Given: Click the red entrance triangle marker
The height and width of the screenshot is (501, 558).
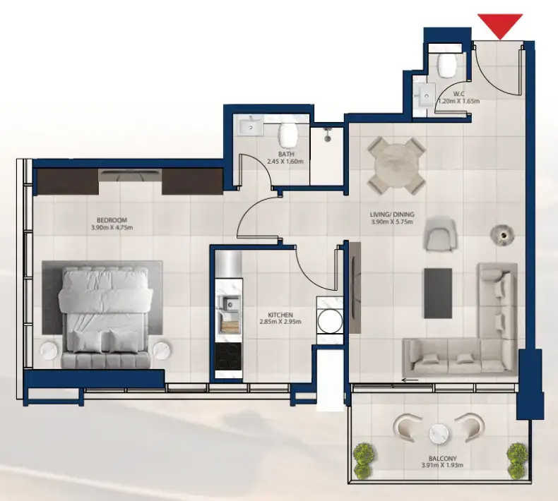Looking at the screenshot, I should click(x=500, y=25).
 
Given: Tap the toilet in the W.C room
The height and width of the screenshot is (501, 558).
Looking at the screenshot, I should click(x=446, y=65).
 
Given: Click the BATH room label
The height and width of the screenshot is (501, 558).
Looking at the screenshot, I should click(x=285, y=154).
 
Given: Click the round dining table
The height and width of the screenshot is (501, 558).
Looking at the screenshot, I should click(x=396, y=165).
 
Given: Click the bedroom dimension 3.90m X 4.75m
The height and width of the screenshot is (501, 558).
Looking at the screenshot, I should click(x=112, y=227).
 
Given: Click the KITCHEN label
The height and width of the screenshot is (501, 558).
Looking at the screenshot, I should click(x=280, y=314).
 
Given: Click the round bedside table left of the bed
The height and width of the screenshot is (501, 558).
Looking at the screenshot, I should click(x=49, y=350).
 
